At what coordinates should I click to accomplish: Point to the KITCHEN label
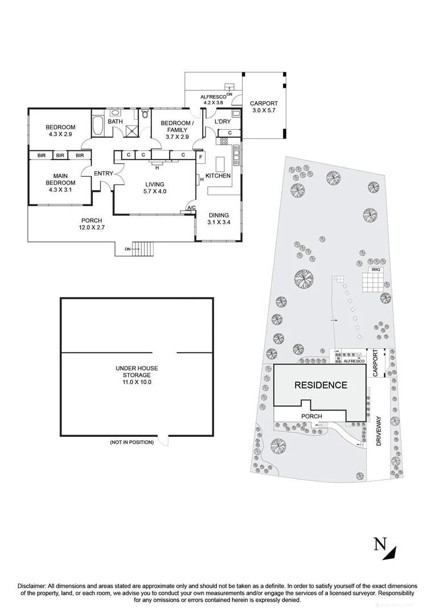[x=218, y=176]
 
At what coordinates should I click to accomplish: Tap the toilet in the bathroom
[x=146, y=114]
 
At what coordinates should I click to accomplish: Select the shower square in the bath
[x=132, y=130]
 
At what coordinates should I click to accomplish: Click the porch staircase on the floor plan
[x=146, y=249]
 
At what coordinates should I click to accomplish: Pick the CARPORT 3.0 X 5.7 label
[x=263, y=107]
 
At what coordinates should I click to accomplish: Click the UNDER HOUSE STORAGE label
[x=137, y=375]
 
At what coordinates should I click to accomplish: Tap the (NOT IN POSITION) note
[x=132, y=442]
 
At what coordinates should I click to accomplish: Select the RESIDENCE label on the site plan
[x=320, y=385]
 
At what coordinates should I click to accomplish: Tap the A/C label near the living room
[x=191, y=208]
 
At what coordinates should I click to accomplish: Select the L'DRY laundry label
[x=221, y=122]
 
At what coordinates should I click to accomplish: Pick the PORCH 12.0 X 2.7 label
[x=91, y=223]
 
